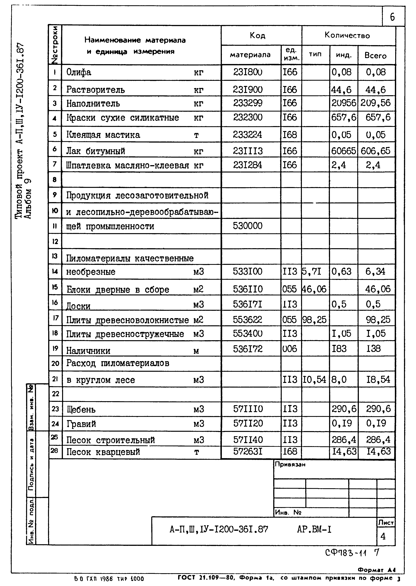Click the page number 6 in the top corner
click(x=392, y=17)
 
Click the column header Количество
click(x=347, y=35)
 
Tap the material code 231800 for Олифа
click(x=248, y=72)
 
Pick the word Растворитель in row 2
click(x=96, y=90)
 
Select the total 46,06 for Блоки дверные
click(x=378, y=289)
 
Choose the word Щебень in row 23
click(x=81, y=410)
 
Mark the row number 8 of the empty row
click(x=55, y=180)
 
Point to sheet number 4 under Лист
click(x=383, y=536)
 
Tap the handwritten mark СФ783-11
click(x=346, y=553)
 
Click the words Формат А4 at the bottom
click(x=377, y=570)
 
